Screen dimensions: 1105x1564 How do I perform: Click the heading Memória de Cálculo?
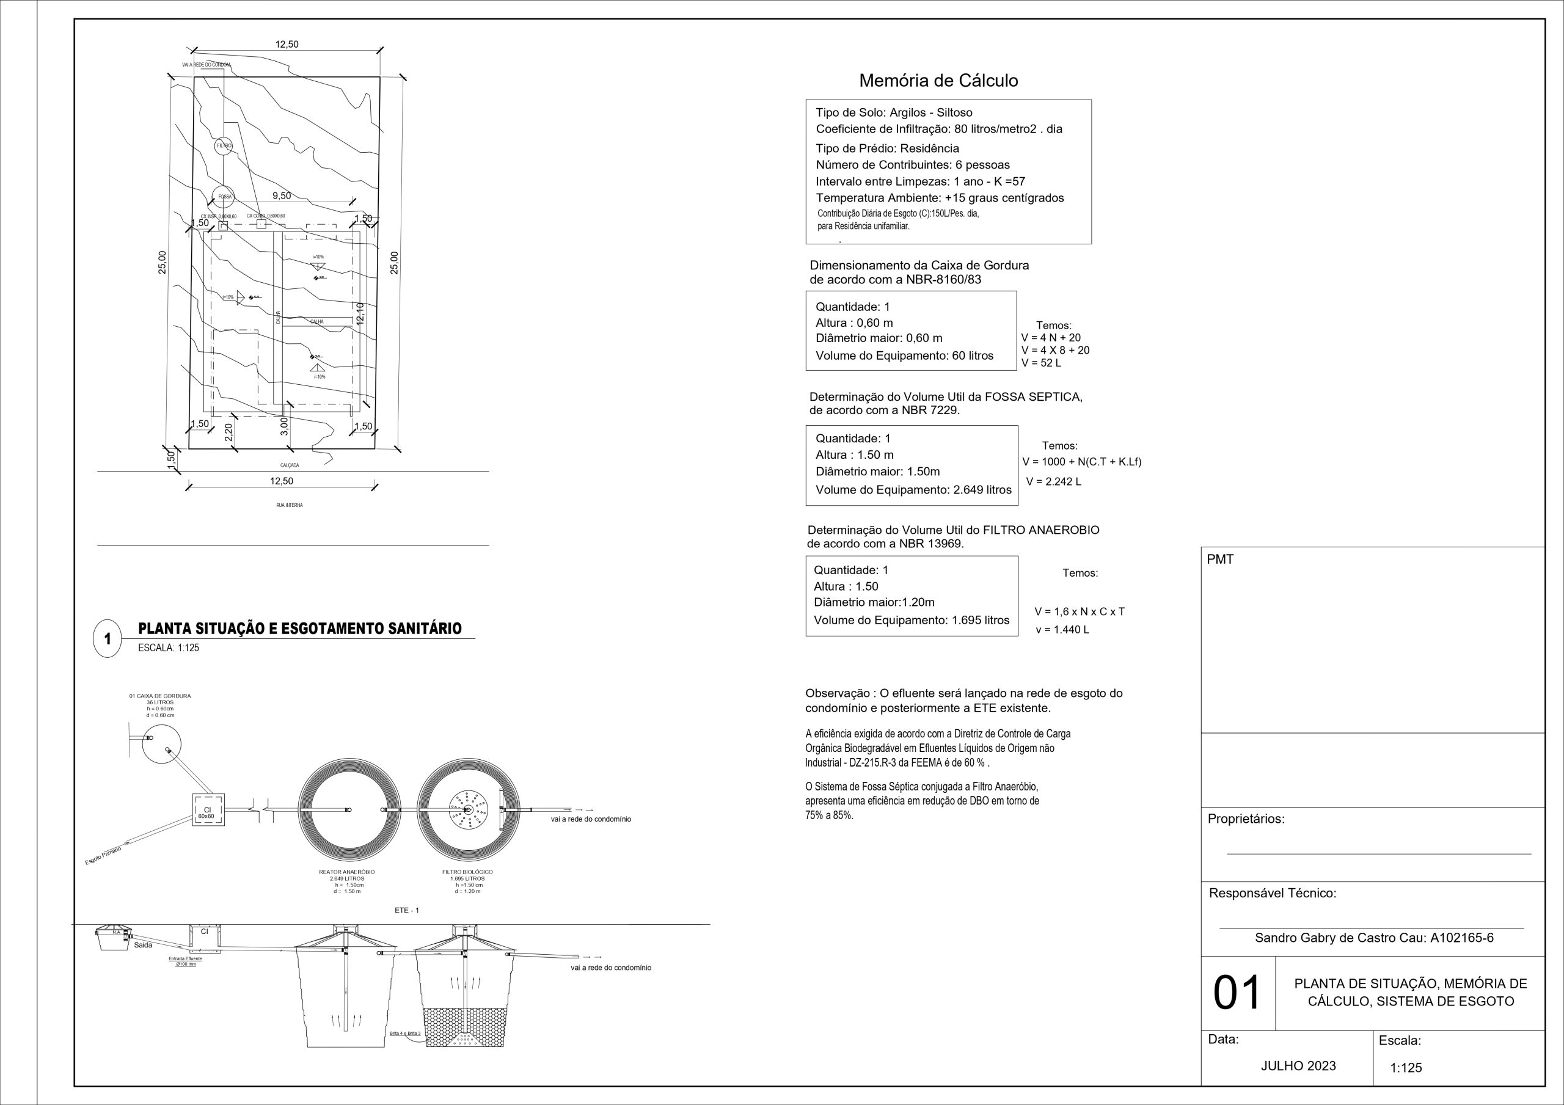tap(938, 81)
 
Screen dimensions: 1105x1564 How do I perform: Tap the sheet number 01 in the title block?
tap(1237, 993)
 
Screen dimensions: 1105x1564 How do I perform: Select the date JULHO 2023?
tap(1298, 1066)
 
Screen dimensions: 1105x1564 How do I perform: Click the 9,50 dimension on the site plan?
tap(281, 196)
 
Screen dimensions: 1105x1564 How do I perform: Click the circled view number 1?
tap(108, 640)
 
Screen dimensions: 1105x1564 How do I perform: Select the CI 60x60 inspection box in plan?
tap(207, 811)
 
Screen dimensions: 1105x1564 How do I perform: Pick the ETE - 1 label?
tap(407, 910)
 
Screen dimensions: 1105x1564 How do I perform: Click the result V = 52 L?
tap(1041, 362)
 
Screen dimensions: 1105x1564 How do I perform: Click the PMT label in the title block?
tap(1220, 560)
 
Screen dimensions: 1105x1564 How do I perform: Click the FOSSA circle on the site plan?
tap(223, 196)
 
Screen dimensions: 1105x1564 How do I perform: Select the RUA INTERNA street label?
tap(290, 506)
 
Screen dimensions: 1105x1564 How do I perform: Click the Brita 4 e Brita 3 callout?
tap(405, 1034)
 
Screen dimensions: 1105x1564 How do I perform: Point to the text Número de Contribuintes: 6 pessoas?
tap(912, 165)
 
